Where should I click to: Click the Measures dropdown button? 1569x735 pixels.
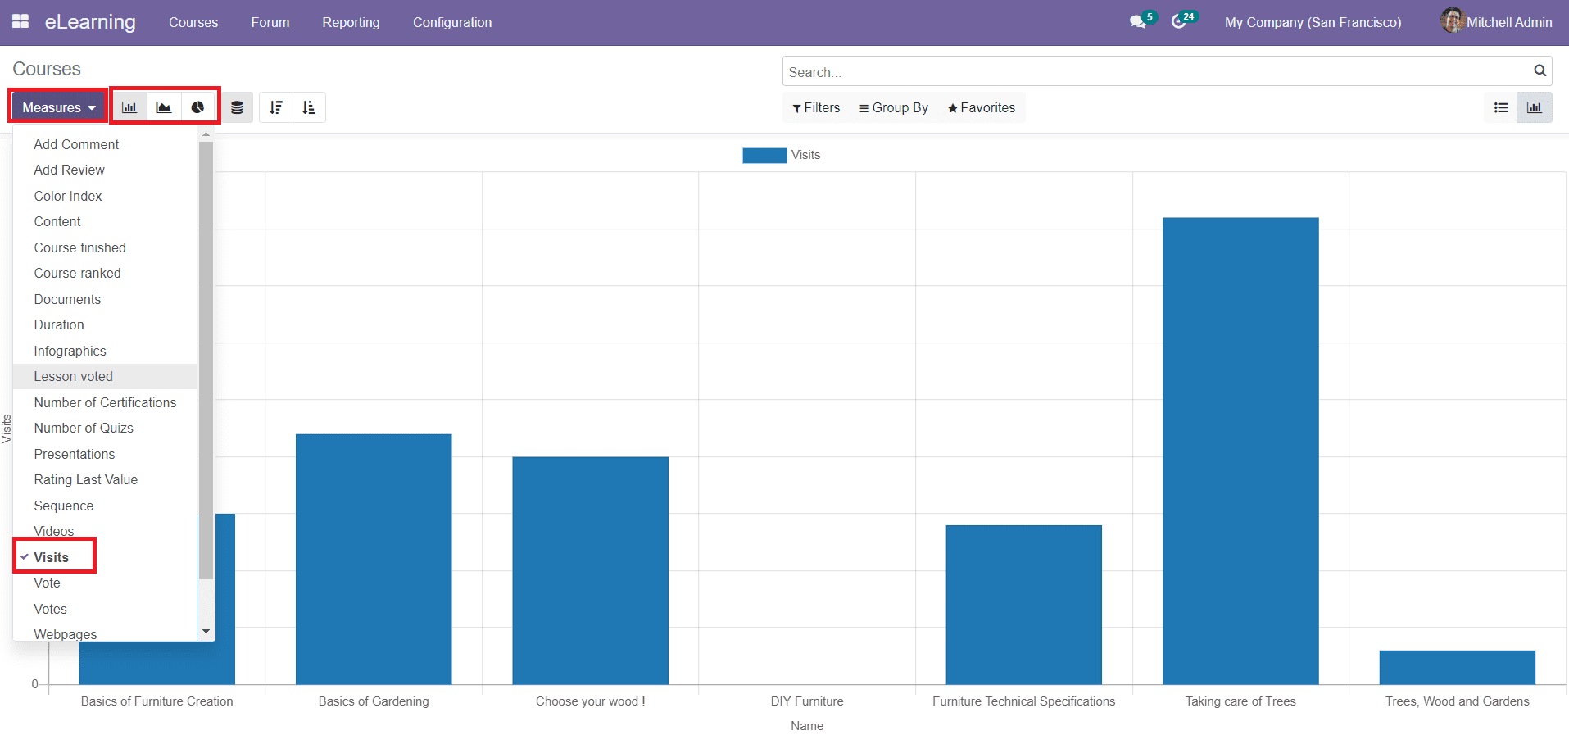(58, 107)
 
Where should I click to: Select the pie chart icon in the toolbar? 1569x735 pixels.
(197, 107)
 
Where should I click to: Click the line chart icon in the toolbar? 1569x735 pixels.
(164, 107)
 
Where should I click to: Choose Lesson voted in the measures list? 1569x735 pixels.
(74, 376)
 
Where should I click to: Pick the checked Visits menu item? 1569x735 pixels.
(51, 557)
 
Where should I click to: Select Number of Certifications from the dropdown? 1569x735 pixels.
(105, 402)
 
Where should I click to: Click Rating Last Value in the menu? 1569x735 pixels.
(85, 479)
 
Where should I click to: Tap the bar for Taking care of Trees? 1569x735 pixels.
(1240, 451)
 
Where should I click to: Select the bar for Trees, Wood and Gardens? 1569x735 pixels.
(1457, 667)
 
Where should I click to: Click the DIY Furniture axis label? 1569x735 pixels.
(806, 701)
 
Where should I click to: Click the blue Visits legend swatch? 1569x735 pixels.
(764, 155)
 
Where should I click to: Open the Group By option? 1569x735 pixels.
(893, 107)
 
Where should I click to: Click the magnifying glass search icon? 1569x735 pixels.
(1540, 70)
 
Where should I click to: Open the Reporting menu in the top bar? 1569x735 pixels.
(351, 22)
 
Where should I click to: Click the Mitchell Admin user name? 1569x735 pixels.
(1508, 22)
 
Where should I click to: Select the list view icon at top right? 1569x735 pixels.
(1500, 107)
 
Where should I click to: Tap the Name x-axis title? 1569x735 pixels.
(806, 726)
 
